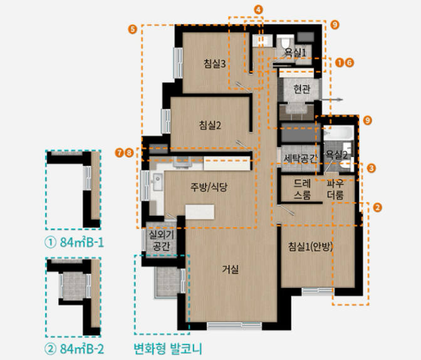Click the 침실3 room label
[x=214, y=64]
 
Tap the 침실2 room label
[x=210, y=125]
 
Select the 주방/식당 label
[x=209, y=187]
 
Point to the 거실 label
[x=230, y=269]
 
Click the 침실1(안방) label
[x=310, y=247]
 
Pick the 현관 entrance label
[x=302, y=89]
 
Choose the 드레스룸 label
[x=302, y=189]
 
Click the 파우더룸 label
[x=335, y=189]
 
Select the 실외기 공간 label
[x=160, y=240]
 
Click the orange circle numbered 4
[x=258, y=10]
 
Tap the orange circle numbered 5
[x=133, y=29]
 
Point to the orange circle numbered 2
[x=377, y=207]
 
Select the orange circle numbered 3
[x=371, y=168]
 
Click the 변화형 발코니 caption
[x=168, y=348]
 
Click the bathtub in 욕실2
[x=338, y=133]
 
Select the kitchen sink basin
[x=157, y=182]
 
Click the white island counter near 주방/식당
[x=200, y=212]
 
